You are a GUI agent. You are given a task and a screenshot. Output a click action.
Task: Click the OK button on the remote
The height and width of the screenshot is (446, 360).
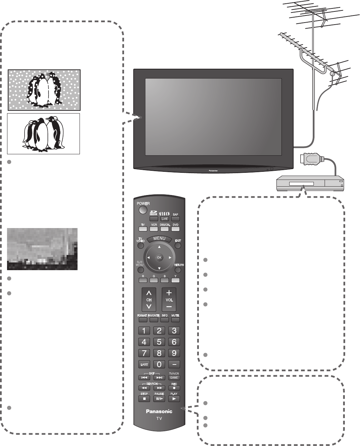(159, 257)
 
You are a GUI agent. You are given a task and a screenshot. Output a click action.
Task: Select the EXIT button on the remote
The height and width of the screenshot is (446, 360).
(178, 245)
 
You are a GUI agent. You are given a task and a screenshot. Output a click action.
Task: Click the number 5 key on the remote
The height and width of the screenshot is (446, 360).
(159, 342)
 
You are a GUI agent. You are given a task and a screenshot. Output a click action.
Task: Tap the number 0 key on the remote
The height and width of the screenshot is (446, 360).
(159, 364)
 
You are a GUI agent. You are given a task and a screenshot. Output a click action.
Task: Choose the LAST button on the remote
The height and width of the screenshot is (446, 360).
(144, 364)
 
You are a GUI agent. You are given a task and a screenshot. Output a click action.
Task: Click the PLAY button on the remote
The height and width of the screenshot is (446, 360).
(174, 399)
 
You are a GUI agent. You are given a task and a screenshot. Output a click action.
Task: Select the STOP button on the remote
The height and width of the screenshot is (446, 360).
(144, 399)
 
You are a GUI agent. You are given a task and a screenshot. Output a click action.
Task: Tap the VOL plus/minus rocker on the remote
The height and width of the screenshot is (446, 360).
(169, 299)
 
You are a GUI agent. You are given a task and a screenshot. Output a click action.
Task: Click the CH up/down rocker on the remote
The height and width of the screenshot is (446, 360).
(149, 299)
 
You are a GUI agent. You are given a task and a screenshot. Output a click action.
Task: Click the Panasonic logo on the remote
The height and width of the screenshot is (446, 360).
(159, 411)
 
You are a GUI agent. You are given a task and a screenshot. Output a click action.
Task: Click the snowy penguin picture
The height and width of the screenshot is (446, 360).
(44, 90)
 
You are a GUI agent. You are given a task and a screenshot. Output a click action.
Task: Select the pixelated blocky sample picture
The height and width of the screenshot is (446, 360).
(42, 249)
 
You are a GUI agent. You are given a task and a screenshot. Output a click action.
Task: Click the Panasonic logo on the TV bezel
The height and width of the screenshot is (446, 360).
(213, 170)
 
